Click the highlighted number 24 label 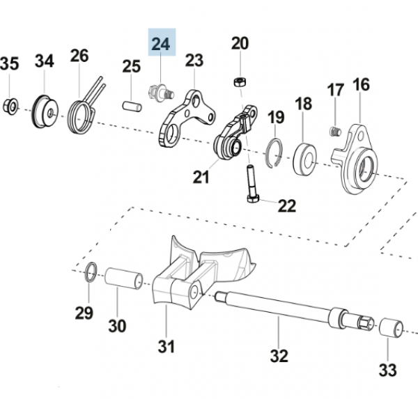[161, 43]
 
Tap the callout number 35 [9, 64]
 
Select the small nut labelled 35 [10, 106]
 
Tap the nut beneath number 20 [239, 82]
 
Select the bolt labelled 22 [251, 182]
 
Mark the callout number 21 [201, 178]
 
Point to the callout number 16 [361, 86]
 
